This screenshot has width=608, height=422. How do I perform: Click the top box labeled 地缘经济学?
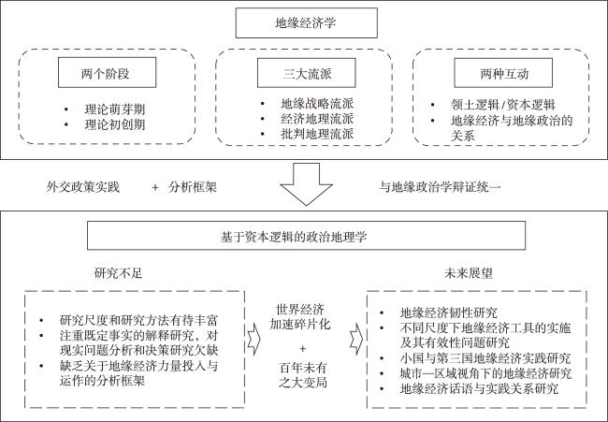click(306, 22)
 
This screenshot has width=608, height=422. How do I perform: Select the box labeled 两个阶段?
click(107, 73)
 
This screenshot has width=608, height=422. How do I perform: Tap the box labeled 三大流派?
click(306, 73)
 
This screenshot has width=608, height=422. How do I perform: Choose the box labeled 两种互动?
click(503, 73)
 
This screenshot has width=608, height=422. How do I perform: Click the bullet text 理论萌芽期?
click(115, 109)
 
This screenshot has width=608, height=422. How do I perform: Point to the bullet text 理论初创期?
click(115, 124)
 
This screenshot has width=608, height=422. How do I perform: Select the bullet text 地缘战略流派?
click(317, 104)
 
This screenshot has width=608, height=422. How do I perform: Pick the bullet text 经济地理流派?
click(317, 119)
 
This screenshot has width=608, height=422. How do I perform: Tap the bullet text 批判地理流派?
click(317, 134)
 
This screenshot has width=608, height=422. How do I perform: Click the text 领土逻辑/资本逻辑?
click(503, 105)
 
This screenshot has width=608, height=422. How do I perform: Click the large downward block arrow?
click(306, 183)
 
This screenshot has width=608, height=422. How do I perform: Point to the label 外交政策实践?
click(83, 187)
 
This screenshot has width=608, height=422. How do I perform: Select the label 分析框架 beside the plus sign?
click(193, 187)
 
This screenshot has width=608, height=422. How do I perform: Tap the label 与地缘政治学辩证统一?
click(440, 187)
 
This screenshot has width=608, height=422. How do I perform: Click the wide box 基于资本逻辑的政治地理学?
click(306, 236)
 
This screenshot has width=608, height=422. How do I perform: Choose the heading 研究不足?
click(118, 273)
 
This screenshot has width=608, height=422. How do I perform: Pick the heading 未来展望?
click(468, 273)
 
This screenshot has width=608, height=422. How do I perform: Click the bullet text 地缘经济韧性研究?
click(449, 313)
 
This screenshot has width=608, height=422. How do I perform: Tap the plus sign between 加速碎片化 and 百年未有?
click(303, 348)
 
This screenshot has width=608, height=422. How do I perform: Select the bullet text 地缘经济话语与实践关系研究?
click(479, 388)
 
